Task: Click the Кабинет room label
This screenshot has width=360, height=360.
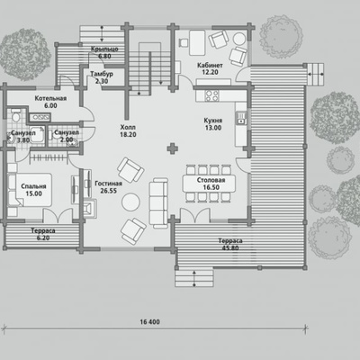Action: pyautogui.click(x=210, y=65)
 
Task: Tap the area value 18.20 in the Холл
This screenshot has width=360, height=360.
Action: pyautogui.click(x=128, y=135)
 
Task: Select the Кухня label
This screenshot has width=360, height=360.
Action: pyautogui.click(x=213, y=121)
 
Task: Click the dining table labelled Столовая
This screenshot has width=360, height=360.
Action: pyautogui.click(x=209, y=184)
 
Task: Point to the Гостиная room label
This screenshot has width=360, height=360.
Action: pyautogui.click(x=108, y=184)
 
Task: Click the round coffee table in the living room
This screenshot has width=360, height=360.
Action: pyautogui.click(x=130, y=202)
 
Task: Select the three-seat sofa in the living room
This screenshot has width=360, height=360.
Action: pyautogui.click(x=158, y=202)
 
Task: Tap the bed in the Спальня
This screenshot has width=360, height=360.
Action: pyautogui.click(x=30, y=190)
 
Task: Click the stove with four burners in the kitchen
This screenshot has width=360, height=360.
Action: pyautogui.click(x=211, y=95)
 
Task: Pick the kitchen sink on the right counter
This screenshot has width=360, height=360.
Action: pyautogui.click(x=240, y=118)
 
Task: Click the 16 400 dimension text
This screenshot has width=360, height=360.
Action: pyautogui.click(x=149, y=322)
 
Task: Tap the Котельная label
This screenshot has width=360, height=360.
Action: pyautogui.click(x=50, y=98)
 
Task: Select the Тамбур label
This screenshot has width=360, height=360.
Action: pyautogui.click(x=102, y=74)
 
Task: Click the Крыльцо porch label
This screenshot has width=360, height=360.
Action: pyautogui.click(x=104, y=49)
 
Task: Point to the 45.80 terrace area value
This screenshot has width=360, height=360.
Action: pyautogui.click(x=230, y=248)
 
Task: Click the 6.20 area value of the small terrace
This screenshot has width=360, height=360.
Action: pyautogui.click(x=43, y=238)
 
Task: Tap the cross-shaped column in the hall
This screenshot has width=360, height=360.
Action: pyautogui.click(x=172, y=148)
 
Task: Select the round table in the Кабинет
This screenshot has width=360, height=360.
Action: pyautogui.click(x=239, y=39)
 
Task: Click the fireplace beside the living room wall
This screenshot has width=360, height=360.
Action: pyautogui.click(x=90, y=208)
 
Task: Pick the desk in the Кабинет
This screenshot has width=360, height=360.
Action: pyautogui.click(x=197, y=42)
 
